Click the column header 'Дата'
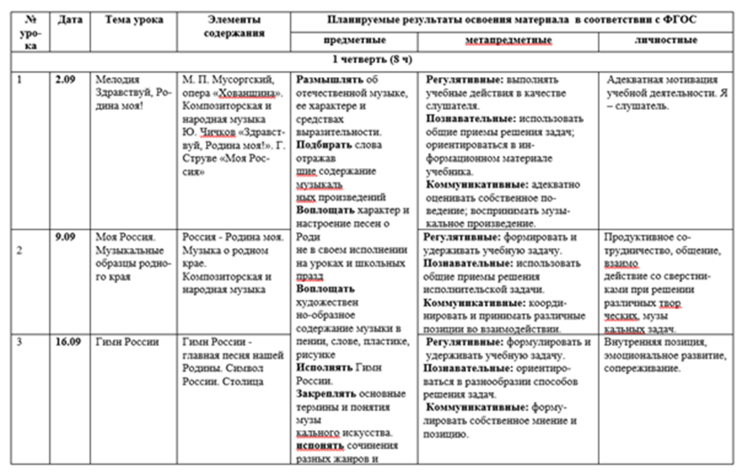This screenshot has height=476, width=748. [x=70, y=20]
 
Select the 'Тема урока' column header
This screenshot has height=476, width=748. [x=134, y=20]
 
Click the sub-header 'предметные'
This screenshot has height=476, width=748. [x=355, y=40]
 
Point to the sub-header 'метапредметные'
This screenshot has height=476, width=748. [x=508, y=41]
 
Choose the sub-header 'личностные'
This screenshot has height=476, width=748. [x=665, y=40]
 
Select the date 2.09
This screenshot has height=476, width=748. [x=66, y=80]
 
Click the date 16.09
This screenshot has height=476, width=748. [x=69, y=342]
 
